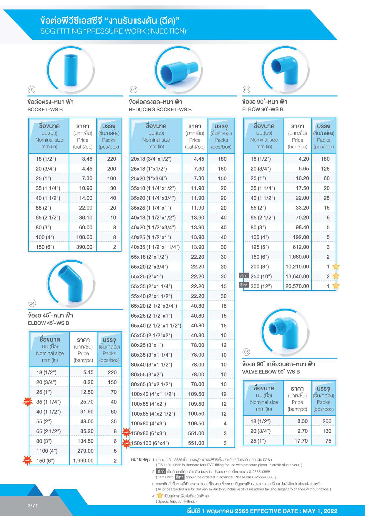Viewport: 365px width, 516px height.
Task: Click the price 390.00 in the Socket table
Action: (x=84, y=247)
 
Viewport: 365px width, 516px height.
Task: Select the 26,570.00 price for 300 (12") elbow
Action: (x=297, y=286)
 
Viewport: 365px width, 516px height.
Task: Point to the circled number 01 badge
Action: (x=31, y=89)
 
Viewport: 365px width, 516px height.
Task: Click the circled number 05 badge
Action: (x=246, y=352)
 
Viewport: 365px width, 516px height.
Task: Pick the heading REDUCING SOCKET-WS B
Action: (x=160, y=109)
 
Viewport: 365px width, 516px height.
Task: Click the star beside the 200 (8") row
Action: (x=336, y=267)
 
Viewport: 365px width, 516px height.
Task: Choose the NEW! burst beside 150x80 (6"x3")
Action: (x=126, y=432)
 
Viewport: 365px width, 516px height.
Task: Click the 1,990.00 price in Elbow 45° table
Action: (x=83, y=461)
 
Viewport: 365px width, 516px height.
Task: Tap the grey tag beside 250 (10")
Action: (x=244, y=276)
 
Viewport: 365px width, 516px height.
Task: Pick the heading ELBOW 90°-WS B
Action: (x=263, y=109)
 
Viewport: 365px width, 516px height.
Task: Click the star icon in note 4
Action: (x=160, y=495)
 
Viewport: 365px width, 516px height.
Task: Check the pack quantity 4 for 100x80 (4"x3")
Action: (x=225, y=424)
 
